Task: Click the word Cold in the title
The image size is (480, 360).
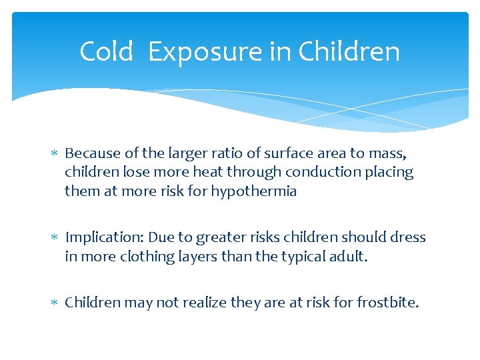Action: (106, 51)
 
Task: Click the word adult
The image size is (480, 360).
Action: (347, 256)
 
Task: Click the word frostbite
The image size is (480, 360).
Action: (389, 303)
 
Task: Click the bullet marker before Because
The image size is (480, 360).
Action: (55, 154)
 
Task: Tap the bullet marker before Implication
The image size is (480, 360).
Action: (55, 238)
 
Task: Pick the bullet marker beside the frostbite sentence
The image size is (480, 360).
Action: (55, 303)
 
